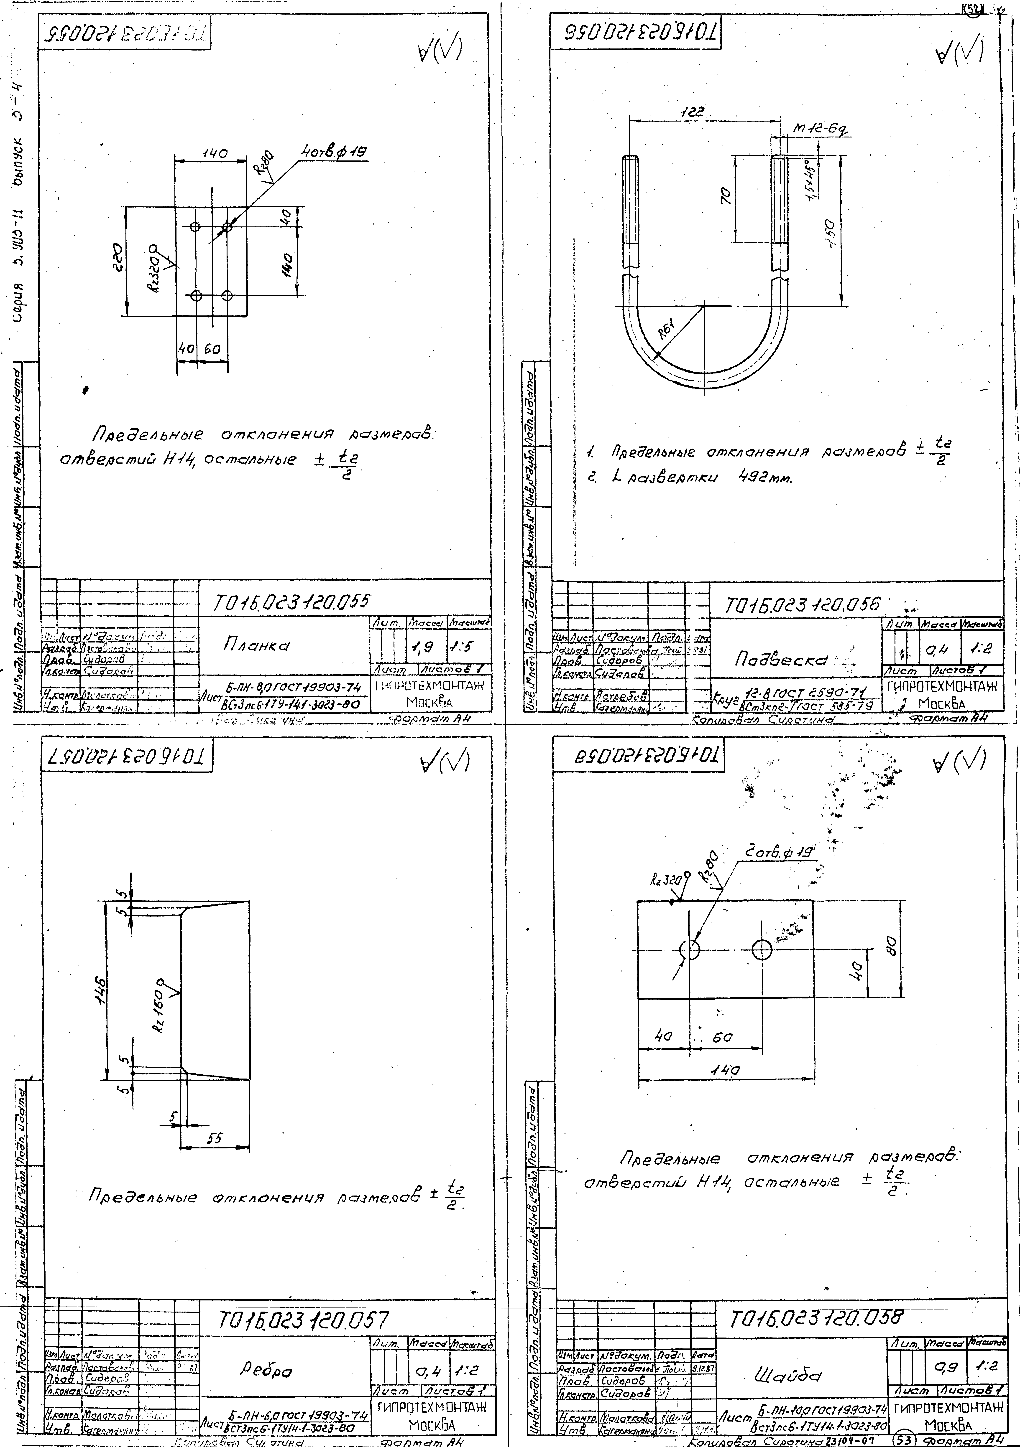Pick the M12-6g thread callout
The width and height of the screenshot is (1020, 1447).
(x=820, y=130)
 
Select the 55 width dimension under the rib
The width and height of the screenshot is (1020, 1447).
(x=215, y=1138)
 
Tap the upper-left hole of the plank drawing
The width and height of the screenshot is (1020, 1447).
(x=195, y=226)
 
